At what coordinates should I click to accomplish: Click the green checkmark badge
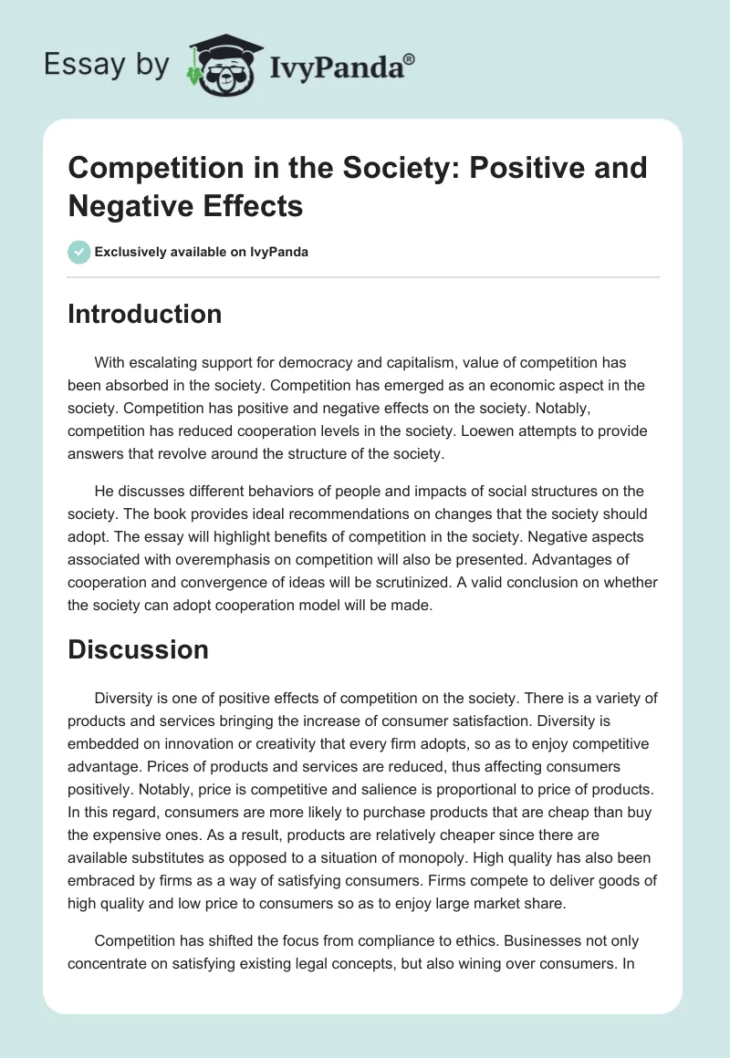pos(79,252)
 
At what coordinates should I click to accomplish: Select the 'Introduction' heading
pos(144,314)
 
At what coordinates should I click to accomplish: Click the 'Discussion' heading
pos(138,649)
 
